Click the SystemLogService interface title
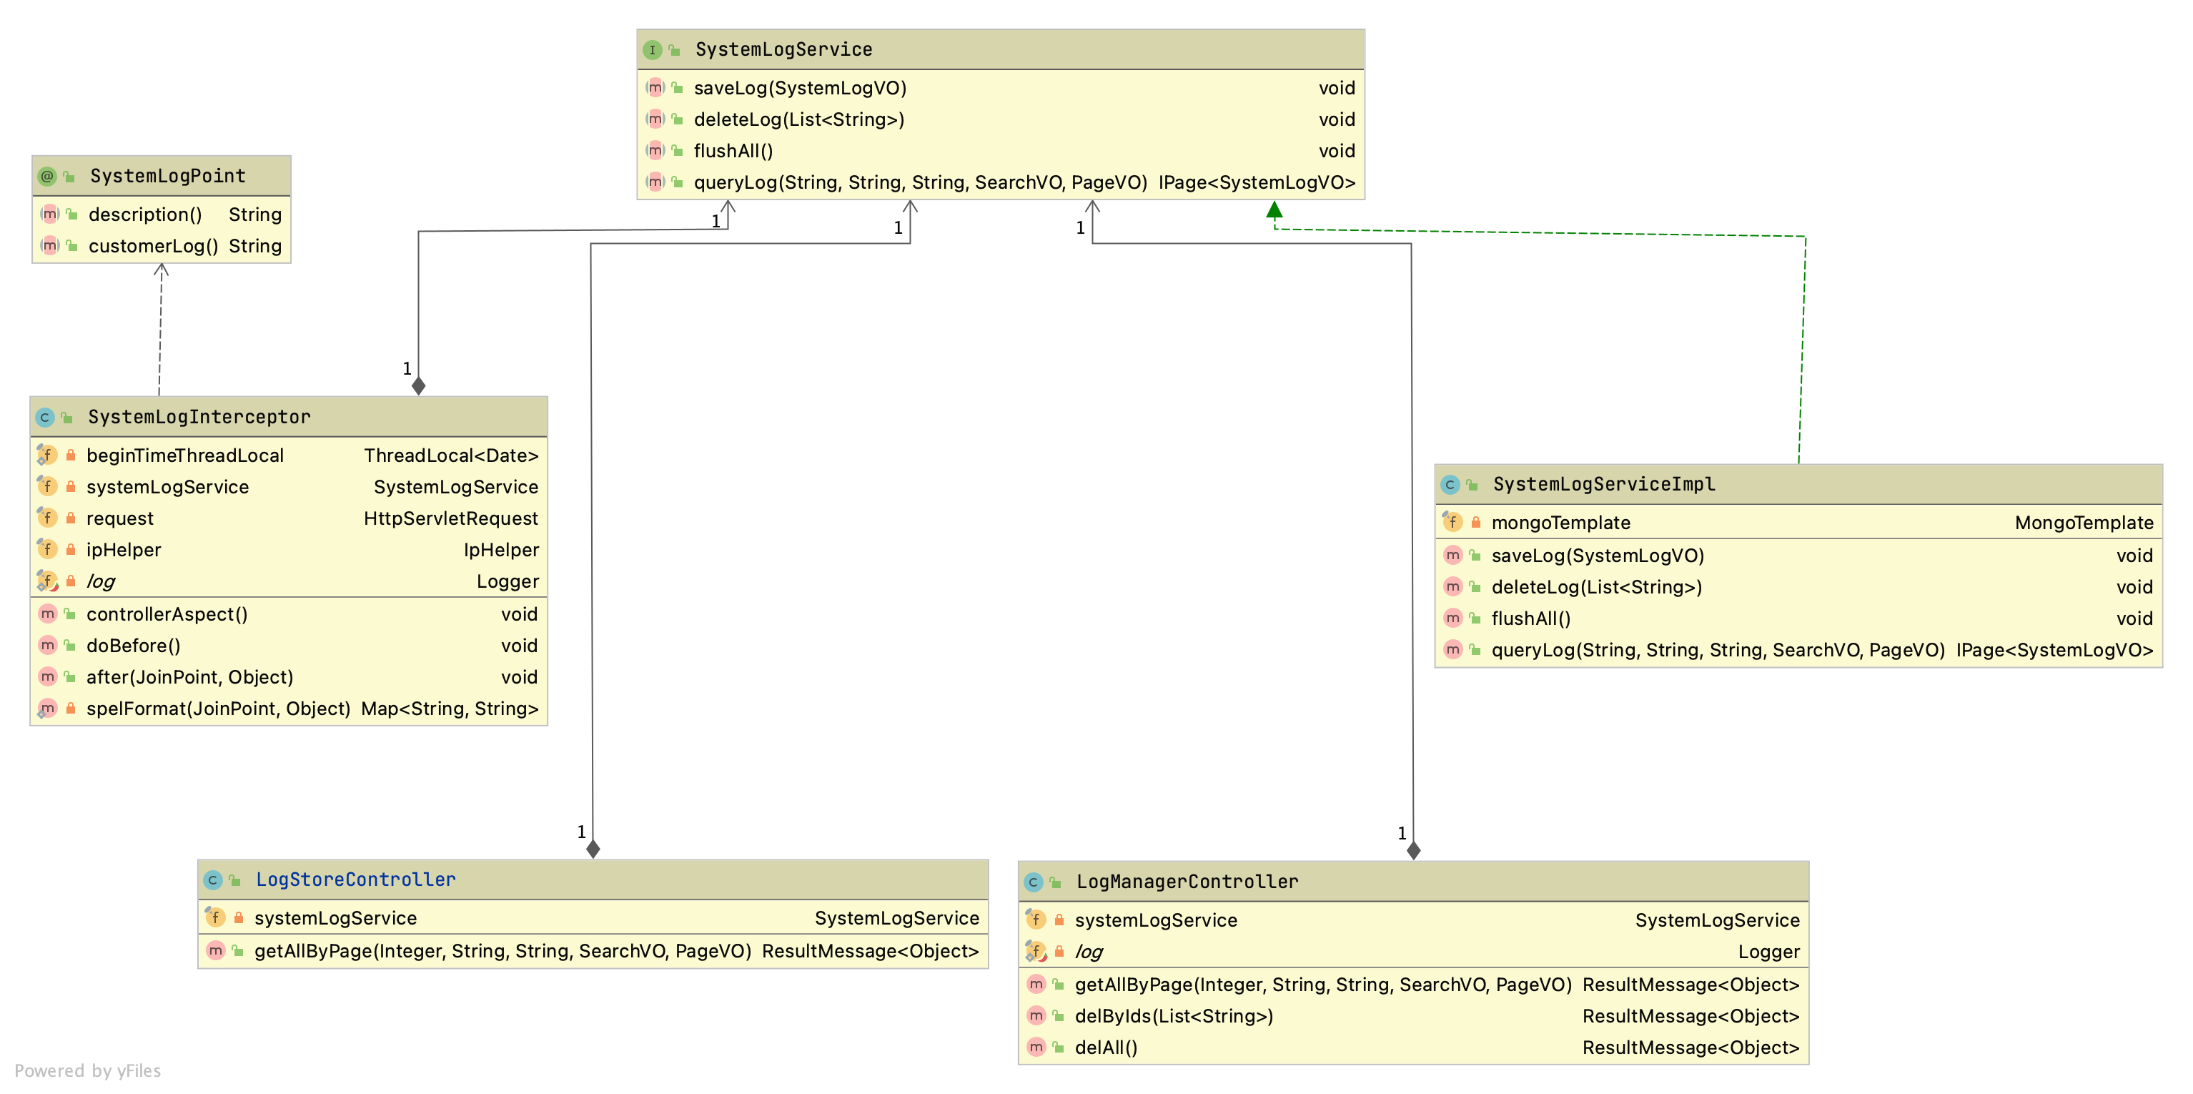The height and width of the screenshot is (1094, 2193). click(x=783, y=49)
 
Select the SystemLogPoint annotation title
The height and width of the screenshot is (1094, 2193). click(x=168, y=176)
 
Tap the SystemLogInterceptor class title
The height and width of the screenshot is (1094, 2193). click(x=199, y=417)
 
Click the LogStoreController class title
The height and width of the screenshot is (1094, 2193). click(x=356, y=879)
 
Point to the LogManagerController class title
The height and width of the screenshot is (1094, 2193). click(x=1187, y=882)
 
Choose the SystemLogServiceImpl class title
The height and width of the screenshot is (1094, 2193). click(x=1604, y=484)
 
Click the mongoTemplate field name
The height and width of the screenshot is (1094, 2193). click(x=1560, y=523)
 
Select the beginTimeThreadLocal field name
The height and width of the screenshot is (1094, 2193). click(x=184, y=455)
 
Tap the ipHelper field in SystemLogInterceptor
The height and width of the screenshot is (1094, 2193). click(x=124, y=550)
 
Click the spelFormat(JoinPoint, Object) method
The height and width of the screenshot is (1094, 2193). click(x=218, y=709)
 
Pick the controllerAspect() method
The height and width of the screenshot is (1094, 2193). click(x=167, y=613)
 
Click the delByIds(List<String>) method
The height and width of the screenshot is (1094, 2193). click(x=1174, y=1015)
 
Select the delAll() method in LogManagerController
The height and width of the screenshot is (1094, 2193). click(x=1106, y=1048)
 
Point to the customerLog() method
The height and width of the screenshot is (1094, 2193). click(x=153, y=246)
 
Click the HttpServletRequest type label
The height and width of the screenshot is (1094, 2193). click(x=450, y=518)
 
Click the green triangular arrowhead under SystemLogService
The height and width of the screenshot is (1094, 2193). click(x=1274, y=210)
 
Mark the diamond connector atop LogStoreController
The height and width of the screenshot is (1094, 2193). click(x=593, y=849)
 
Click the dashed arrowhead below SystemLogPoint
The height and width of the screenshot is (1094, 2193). click(x=161, y=269)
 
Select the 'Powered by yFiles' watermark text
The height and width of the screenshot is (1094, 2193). click(x=88, y=1070)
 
